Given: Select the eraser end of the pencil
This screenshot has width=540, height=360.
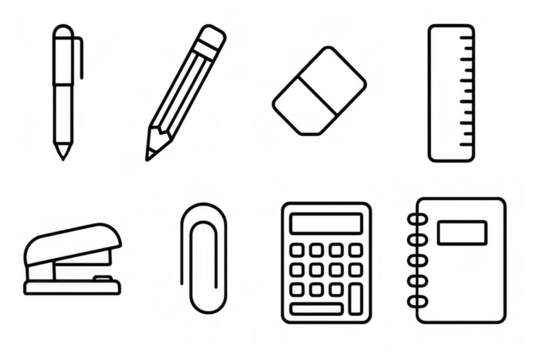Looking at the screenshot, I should (x=211, y=37).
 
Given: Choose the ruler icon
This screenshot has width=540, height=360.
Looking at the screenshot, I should (x=455, y=92).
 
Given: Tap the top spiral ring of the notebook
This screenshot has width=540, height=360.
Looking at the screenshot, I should (x=417, y=219).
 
